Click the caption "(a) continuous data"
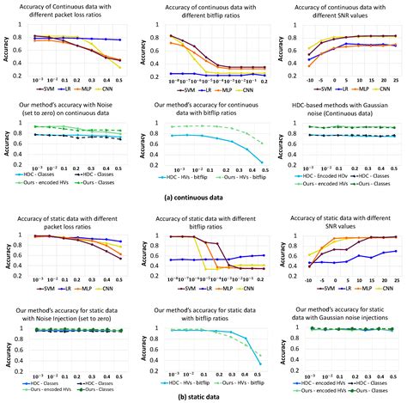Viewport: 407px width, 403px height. (x=203, y=198)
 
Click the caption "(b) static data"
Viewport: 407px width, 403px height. (x=203, y=395)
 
